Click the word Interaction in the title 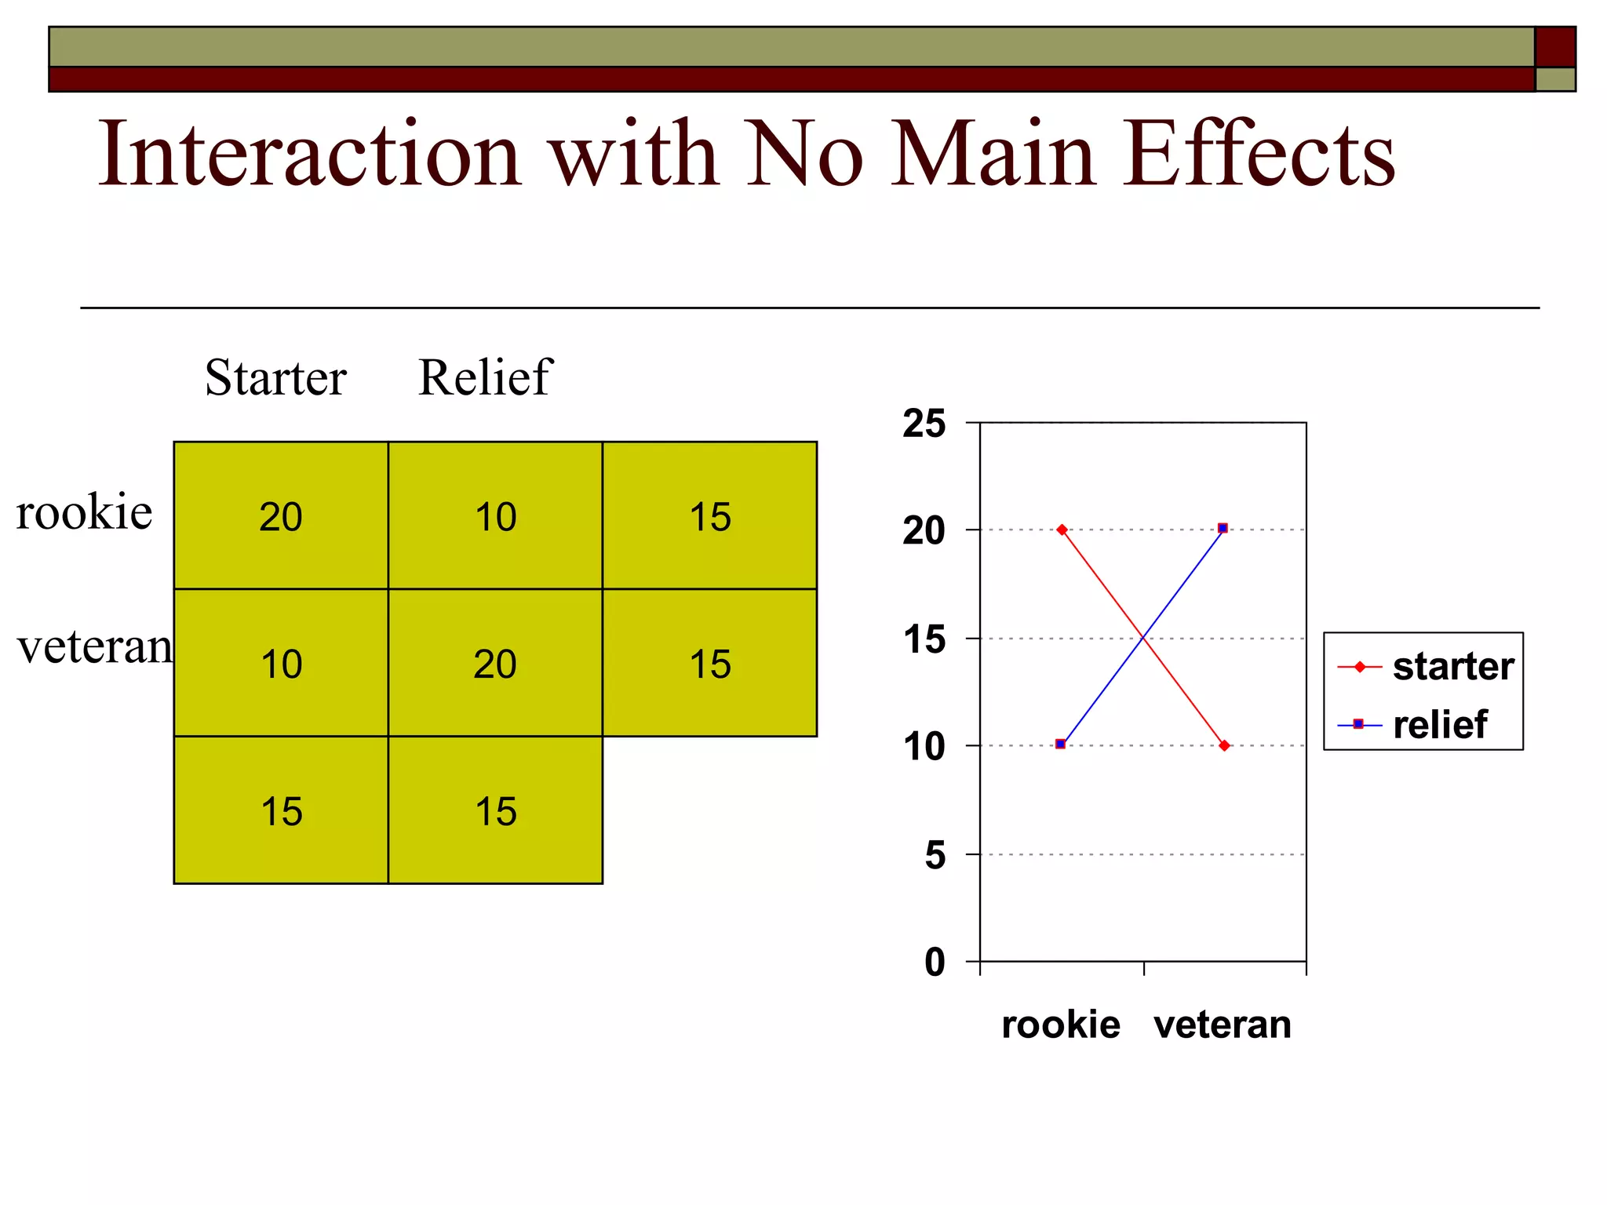[x=309, y=154]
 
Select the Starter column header [x=275, y=378]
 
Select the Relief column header [x=485, y=378]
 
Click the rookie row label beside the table [x=84, y=513]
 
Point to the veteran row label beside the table [x=94, y=648]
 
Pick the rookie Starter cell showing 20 [x=281, y=516]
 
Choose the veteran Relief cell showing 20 [x=495, y=664]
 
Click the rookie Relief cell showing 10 [x=495, y=516]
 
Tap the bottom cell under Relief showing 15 [x=495, y=811]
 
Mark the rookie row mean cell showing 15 [x=709, y=516]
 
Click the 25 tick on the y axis [x=924, y=424]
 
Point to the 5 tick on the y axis [x=935, y=855]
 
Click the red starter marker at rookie [x=1062, y=530]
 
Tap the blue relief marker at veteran [x=1223, y=528]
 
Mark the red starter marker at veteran [x=1224, y=745]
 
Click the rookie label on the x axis [x=1061, y=1025]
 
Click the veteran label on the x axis [x=1223, y=1025]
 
